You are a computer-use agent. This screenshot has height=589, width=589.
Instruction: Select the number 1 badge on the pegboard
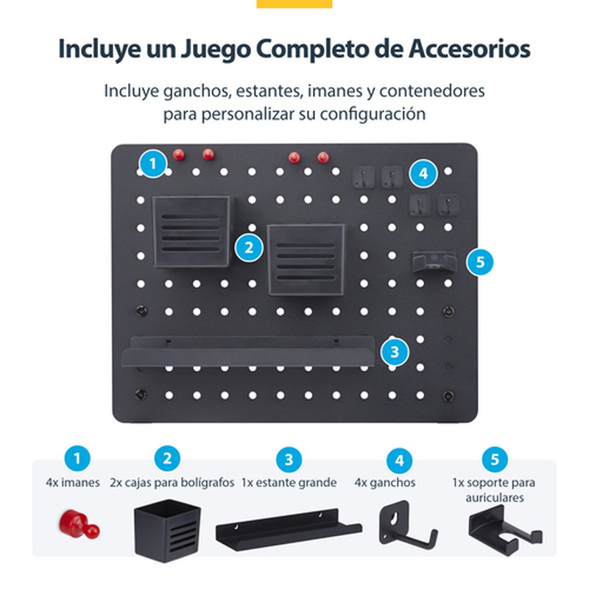coord(152,163)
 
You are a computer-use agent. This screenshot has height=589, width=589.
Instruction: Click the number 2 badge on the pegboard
coord(250,247)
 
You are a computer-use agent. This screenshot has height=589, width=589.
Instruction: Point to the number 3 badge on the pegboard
coord(395,352)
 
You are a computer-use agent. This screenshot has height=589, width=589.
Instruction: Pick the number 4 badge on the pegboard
coord(423,174)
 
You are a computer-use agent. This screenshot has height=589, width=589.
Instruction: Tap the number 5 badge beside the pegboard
coord(480,261)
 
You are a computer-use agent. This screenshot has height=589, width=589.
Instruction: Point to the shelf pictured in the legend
coord(288,526)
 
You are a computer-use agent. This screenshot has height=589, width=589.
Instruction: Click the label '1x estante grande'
coord(289,483)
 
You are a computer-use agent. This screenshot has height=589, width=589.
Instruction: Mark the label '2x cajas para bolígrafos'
coord(172,483)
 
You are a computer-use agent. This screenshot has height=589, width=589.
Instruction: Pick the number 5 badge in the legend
coord(494,459)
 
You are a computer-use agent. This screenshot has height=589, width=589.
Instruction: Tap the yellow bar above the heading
coord(294,4)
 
